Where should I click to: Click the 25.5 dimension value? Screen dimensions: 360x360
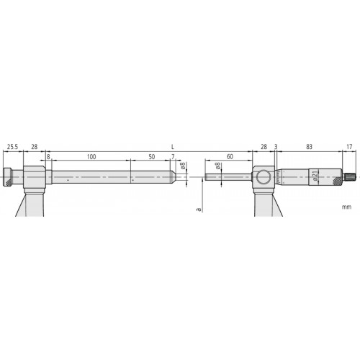13,147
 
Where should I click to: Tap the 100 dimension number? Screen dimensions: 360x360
91,156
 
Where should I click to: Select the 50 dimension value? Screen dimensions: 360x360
151,156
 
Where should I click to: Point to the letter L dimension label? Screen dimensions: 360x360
173,147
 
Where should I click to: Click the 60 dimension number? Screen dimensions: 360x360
230,156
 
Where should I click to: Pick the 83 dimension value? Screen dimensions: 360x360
309,147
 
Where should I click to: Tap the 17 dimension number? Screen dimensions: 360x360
350,147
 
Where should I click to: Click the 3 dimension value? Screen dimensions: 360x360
276,147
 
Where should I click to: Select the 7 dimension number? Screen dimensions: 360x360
172,156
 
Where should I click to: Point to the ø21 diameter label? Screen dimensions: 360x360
315,176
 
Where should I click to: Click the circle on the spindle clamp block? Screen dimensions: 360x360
264,177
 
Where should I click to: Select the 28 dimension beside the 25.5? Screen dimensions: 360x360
34,147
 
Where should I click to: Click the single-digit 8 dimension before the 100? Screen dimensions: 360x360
48,156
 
